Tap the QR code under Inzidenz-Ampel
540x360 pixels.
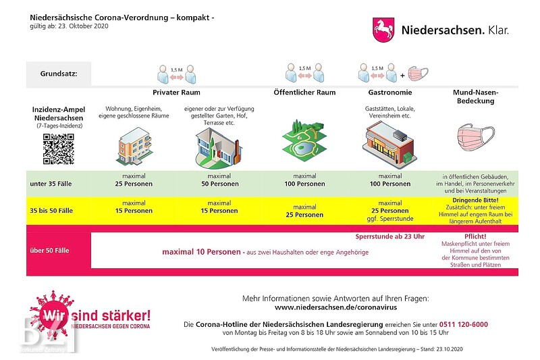point(58,149)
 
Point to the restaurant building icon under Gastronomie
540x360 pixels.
point(389,143)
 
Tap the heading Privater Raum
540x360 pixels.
point(176,92)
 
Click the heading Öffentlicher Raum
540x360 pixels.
point(304,92)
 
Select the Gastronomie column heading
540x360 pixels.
point(390,92)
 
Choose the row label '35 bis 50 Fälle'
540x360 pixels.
point(53,211)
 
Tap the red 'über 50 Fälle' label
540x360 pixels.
point(49,251)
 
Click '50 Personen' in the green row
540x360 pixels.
point(219,184)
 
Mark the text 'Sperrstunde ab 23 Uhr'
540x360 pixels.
point(389,237)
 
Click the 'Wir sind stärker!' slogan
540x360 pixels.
point(96,315)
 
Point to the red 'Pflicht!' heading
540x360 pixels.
point(475,236)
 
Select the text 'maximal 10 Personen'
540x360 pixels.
point(201,252)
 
